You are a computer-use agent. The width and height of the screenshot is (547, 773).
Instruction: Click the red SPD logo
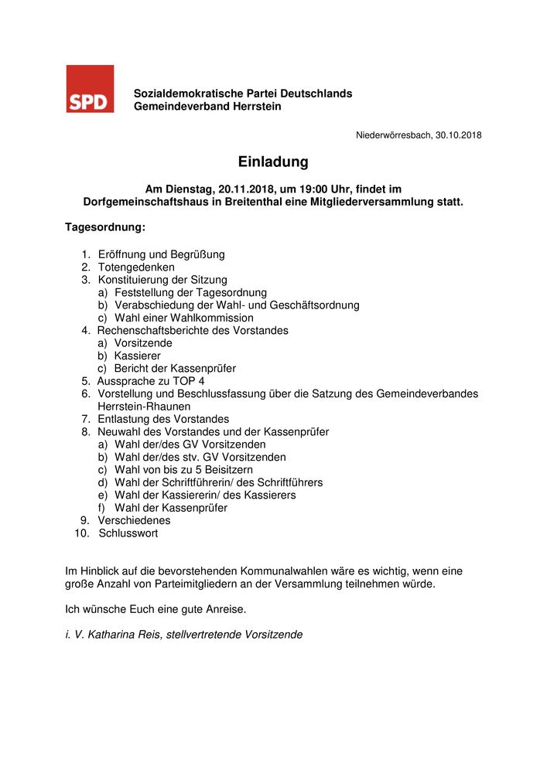(x=90, y=89)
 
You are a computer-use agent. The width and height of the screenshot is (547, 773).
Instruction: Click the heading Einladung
(x=273, y=162)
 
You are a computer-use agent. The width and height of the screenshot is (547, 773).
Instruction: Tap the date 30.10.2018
(x=458, y=135)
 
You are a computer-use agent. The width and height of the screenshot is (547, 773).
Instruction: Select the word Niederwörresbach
(x=393, y=135)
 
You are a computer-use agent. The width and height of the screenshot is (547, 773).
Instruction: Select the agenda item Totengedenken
(x=136, y=267)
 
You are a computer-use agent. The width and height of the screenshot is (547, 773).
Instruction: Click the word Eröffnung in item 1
(x=123, y=254)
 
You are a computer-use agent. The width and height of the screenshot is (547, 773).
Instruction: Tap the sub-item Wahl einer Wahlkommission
(x=183, y=318)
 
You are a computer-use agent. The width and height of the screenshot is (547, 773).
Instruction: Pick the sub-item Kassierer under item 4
(x=138, y=356)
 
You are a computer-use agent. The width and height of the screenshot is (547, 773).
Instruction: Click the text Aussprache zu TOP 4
(x=151, y=381)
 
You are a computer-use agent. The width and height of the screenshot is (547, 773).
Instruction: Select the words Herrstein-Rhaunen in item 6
(x=144, y=407)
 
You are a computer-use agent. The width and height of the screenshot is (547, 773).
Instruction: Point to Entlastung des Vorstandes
(x=163, y=419)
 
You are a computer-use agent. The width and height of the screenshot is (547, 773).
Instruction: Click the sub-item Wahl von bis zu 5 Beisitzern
(x=183, y=470)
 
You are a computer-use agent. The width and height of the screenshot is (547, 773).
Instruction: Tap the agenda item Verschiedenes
(x=134, y=520)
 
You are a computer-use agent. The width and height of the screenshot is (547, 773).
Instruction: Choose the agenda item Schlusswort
(x=128, y=533)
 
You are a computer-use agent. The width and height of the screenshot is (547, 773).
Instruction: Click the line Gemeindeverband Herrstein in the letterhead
(x=207, y=107)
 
